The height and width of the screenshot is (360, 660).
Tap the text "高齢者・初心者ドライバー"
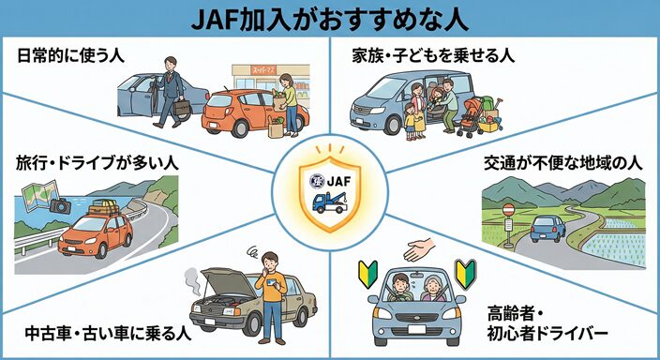click(x=547, y=322)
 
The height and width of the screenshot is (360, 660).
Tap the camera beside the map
click(x=62, y=204)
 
